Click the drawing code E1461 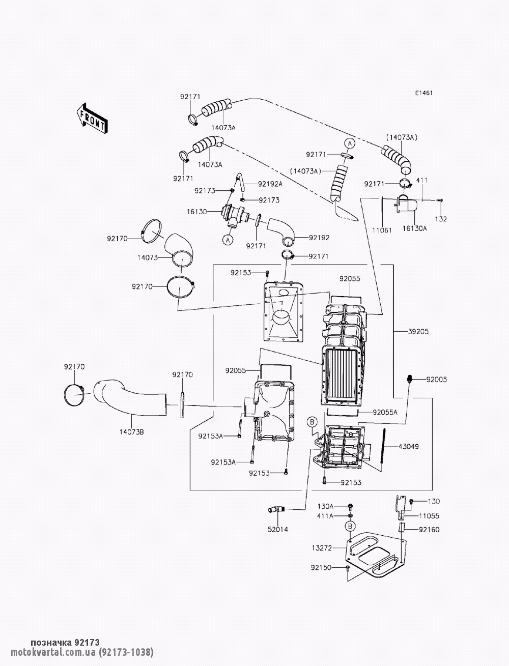pos(423,94)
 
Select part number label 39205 pos(418,331)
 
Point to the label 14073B pos(131,432)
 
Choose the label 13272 pos(322,548)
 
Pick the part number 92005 pos(436,380)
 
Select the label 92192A pos(270,184)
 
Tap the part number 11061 pos(382,230)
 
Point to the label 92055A pos(385,412)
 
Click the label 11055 pos(430,515)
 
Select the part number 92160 pos(430,530)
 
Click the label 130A pos(325,506)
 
